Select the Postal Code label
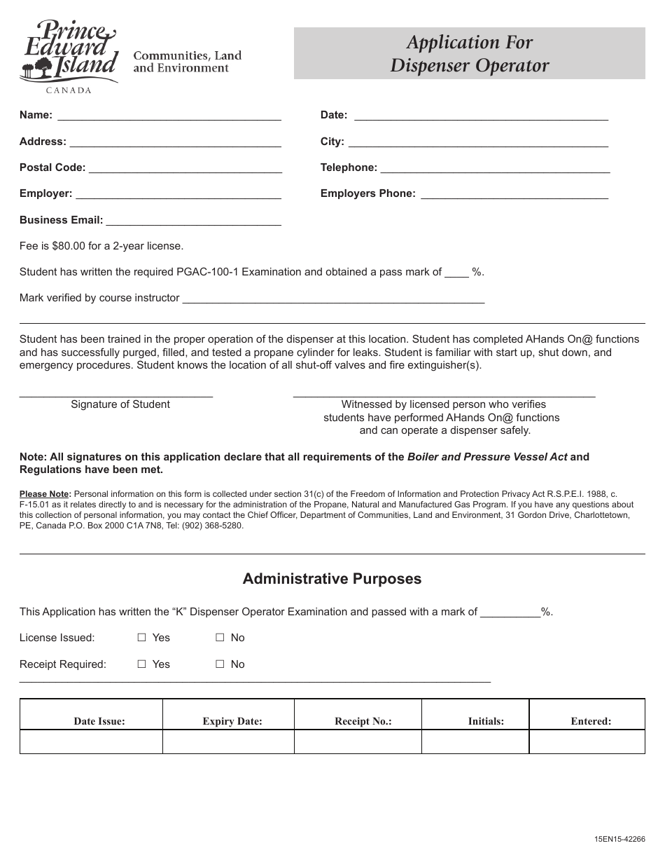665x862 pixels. click(x=52, y=167)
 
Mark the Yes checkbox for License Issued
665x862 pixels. click(x=141, y=638)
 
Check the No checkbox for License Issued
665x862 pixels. click(x=219, y=638)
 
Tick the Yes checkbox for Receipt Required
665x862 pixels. click(x=141, y=664)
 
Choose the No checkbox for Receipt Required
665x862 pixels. click(x=219, y=664)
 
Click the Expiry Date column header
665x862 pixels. click(x=232, y=721)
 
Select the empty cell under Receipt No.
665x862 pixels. click(x=358, y=741)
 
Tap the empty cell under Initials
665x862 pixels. click(x=475, y=741)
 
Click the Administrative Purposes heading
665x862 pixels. click(x=332, y=579)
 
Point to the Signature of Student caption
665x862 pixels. click(x=120, y=404)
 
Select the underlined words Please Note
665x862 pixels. click(x=45, y=494)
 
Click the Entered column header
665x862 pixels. click(x=591, y=721)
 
